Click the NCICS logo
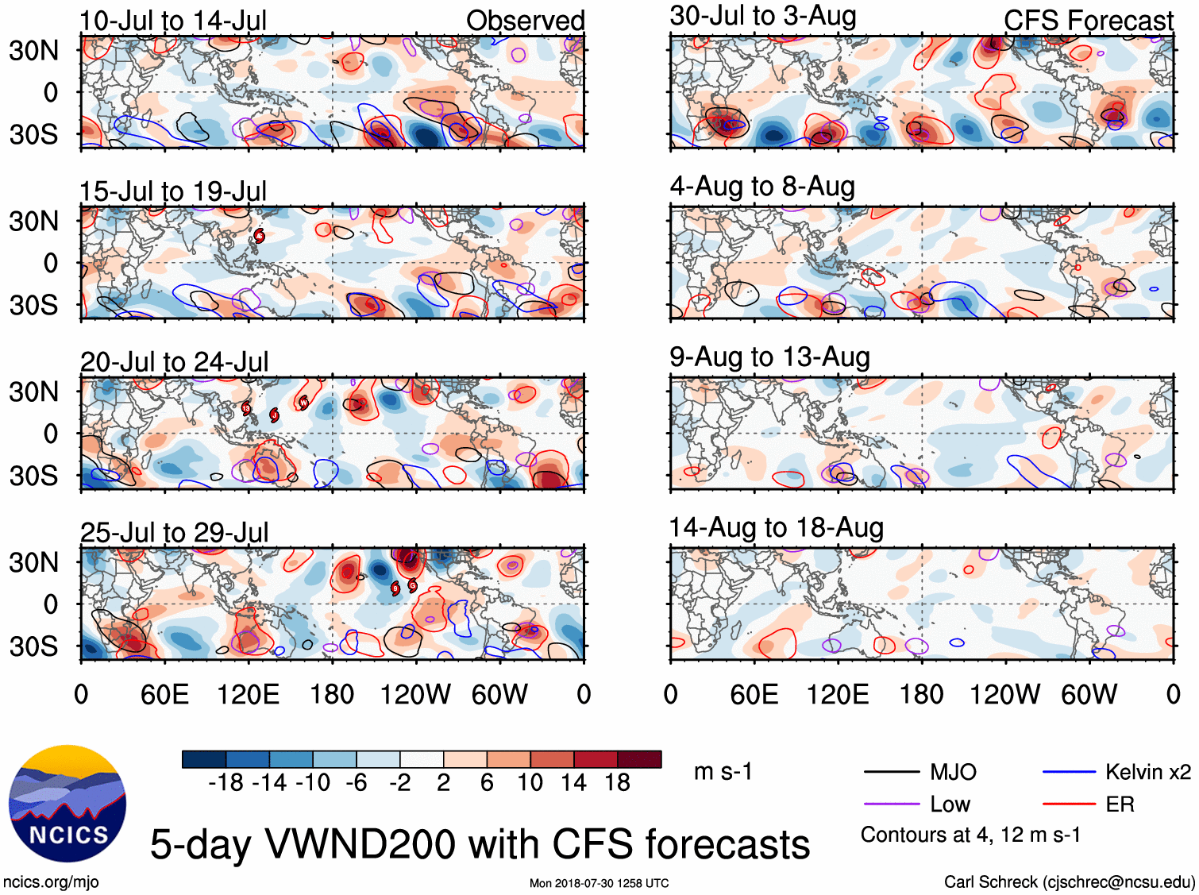coord(67,803)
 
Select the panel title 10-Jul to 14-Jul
coord(173,21)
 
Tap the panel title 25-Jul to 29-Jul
coord(175,532)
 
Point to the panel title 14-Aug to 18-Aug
coord(776,528)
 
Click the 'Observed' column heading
coord(525,21)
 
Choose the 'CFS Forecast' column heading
coord(1088,21)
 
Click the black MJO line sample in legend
coord(891,772)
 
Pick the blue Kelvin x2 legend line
coord(1069,772)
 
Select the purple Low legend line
coord(891,804)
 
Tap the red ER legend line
coord(1069,804)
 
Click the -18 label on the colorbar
coord(226,783)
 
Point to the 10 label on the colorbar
coord(530,783)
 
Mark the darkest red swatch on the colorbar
coord(639,759)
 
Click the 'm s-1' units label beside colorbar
coord(723,772)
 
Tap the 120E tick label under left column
coord(249,695)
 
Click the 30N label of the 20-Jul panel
coord(33,392)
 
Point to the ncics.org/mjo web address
coord(51,881)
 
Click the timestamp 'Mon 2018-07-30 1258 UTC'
coord(599,883)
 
